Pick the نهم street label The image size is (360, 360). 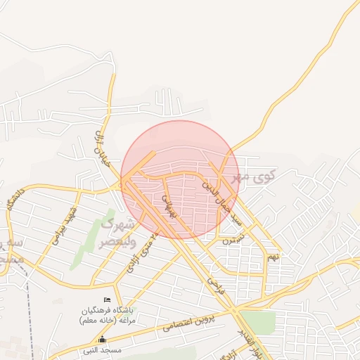272,257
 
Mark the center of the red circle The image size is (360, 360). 179,179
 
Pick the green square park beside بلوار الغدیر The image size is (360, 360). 259,322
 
